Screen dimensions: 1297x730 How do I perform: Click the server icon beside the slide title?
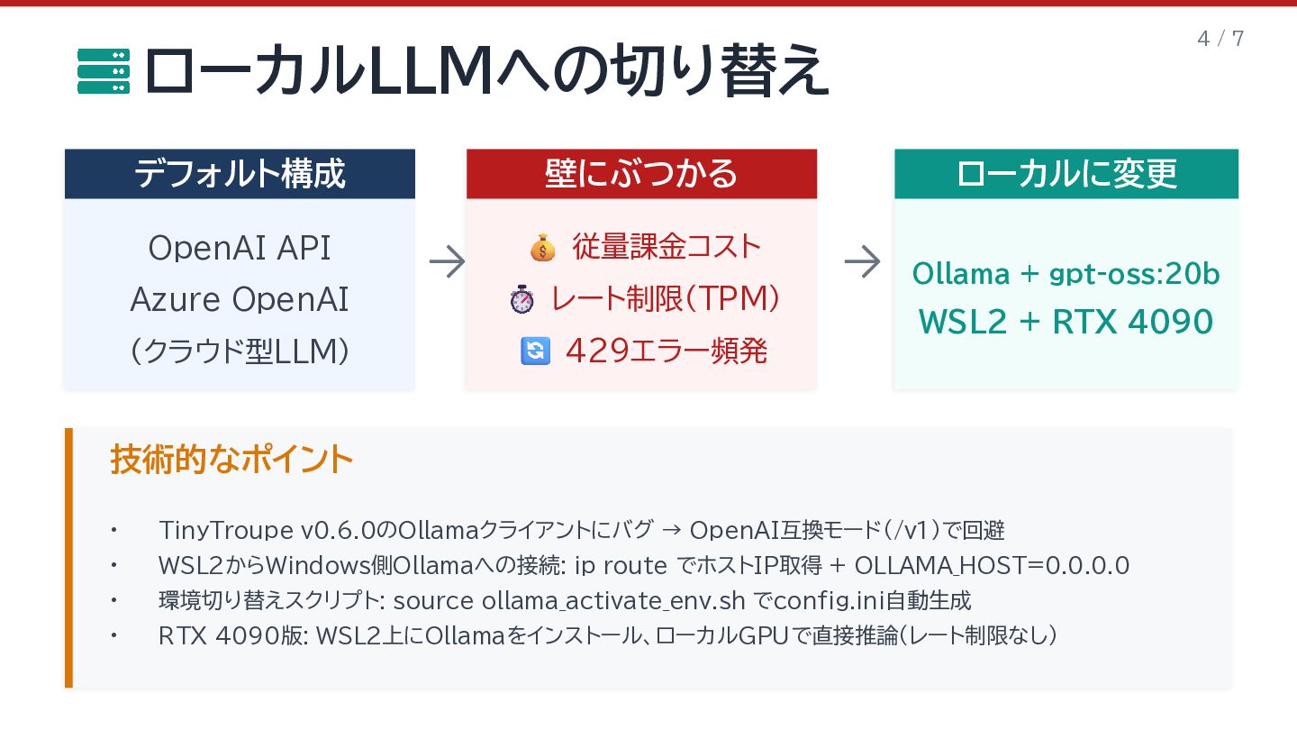[x=104, y=71]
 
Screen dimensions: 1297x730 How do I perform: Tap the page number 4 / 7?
[x=1220, y=39]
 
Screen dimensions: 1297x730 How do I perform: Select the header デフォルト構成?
[x=240, y=174]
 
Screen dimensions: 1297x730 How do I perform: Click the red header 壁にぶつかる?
[x=641, y=174]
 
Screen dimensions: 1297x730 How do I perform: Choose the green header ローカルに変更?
[x=1066, y=174]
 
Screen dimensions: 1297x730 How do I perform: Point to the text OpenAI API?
[x=240, y=248]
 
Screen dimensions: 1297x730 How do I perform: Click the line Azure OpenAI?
[x=240, y=300]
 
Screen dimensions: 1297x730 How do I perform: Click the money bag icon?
[x=542, y=247]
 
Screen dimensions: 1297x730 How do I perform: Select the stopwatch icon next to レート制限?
[x=522, y=299]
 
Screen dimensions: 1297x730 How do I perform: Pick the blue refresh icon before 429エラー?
[x=535, y=351]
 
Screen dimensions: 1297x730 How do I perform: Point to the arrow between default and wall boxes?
[x=447, y=262]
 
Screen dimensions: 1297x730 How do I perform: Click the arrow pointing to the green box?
[x=862, y=262]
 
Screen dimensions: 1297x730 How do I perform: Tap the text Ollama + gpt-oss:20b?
[x=1066, y=274]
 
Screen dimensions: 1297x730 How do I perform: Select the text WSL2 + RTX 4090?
[x=1066, y=322]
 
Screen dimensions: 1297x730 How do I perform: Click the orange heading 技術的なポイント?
[x=231, y=460]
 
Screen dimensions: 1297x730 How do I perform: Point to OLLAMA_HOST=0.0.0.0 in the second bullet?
[x=992, y=566]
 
